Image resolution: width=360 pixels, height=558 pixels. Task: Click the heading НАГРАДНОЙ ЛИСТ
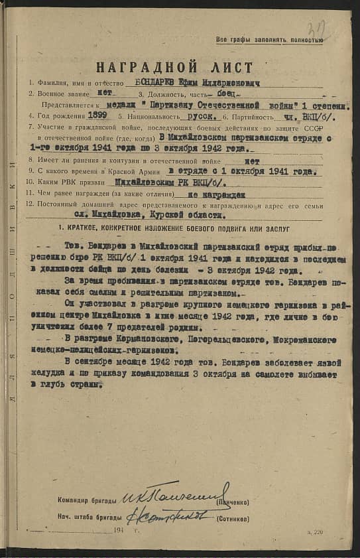click(x=174, y=67)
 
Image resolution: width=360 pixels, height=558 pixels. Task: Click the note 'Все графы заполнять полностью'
click(x=270, y=40)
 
